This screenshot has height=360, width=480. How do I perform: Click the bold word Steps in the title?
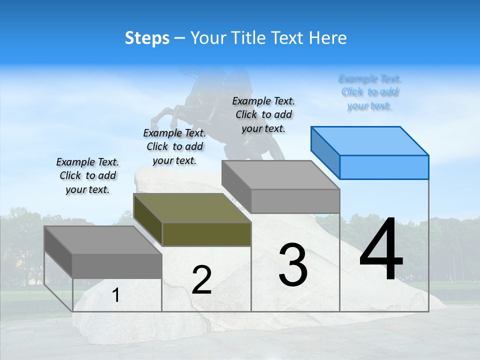coord(147,38)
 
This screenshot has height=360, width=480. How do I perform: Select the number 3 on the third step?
coord(292,265)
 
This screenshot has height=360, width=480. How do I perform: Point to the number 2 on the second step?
coord(201,280)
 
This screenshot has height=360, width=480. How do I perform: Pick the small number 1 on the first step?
coord(116,295)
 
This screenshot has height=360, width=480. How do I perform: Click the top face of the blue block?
coord(370,140)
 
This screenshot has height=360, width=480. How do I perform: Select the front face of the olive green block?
coord(206,234)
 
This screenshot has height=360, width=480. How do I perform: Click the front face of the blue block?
coord(384,167)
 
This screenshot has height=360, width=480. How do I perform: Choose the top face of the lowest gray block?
coord(103,240)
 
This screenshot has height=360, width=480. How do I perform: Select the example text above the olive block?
coord(174,147)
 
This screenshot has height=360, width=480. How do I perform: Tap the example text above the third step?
coord(263,114)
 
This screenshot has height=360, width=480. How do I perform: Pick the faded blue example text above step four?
coord(370,92)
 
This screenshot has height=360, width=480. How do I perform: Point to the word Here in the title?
coord(328,38)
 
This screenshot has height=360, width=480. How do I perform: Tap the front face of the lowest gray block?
coord(117,265)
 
